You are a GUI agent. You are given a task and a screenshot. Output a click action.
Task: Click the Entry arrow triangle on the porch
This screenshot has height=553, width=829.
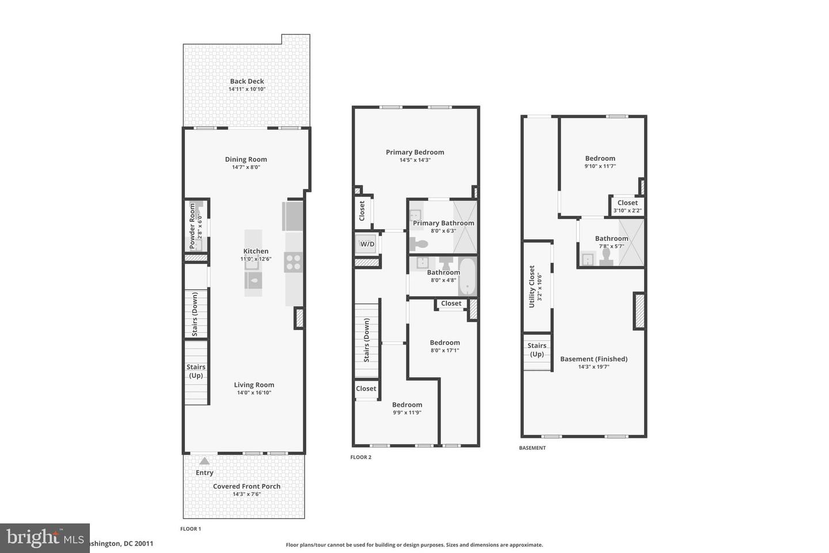click(204, 461)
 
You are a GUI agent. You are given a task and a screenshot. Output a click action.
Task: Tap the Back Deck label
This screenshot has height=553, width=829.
click(247, 81)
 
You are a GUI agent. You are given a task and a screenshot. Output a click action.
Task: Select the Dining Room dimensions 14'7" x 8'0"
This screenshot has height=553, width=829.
click(246, 168)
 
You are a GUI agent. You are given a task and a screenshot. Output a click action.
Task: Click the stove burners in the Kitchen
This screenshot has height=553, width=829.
click(294, 262)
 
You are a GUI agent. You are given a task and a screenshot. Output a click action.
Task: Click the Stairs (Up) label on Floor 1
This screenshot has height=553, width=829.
click(196, 371)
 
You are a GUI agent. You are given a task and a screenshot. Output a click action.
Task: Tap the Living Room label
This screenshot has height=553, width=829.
click(254, 385)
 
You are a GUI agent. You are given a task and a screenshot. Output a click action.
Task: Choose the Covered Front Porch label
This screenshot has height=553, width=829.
click(246, 486)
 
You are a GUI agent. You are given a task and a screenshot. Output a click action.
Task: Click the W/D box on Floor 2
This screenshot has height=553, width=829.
click(367, 244)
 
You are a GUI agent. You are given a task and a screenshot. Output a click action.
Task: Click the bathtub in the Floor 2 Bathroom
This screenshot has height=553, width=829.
click(467, 276)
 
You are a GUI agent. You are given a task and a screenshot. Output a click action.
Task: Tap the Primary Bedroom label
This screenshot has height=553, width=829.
click(414, 152)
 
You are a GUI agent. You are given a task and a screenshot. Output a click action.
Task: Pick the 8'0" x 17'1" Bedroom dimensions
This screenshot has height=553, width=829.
click(444, 350)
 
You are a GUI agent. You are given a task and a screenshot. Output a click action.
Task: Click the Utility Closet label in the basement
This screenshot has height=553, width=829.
click(532, 286)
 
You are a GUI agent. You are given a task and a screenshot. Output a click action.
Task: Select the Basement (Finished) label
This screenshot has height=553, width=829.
click(594, 359)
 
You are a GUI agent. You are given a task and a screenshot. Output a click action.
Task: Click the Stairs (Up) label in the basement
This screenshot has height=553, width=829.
click(537, 350)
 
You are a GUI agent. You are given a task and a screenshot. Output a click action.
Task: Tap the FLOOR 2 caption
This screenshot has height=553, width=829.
click(361, 457)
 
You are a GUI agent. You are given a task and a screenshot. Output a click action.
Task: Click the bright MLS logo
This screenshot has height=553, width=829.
click(44, 538)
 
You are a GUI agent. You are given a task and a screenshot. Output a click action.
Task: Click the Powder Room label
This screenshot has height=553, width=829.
click(193, 226)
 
